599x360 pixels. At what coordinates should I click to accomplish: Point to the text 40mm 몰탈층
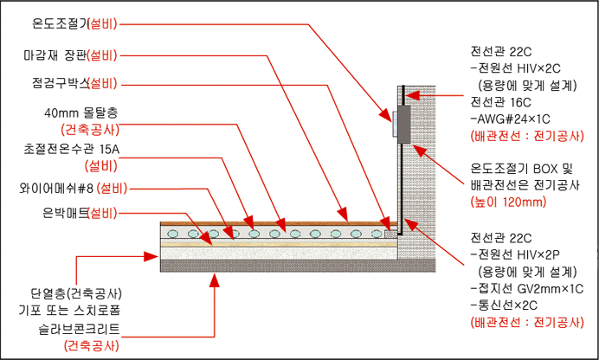81,112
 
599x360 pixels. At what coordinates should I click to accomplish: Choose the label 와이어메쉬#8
58,187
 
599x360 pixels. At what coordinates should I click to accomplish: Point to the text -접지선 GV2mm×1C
525,288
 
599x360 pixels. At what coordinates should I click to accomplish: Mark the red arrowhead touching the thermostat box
390,117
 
